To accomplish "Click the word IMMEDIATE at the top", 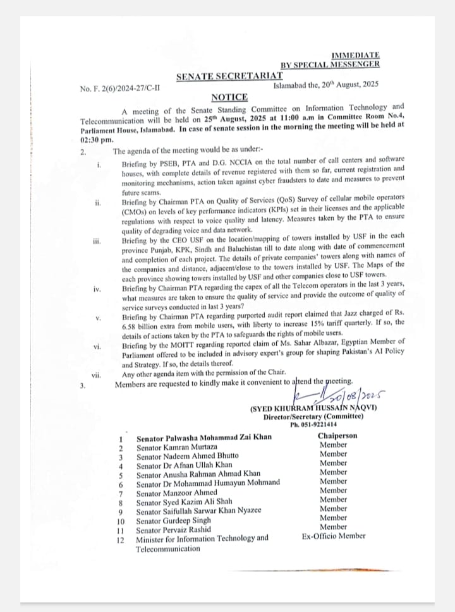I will [355, 56].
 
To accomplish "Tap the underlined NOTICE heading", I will [229, 97].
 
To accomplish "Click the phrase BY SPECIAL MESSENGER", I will [330, 65].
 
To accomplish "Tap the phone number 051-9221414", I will [313, 424].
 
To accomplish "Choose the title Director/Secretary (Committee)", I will [313, 416].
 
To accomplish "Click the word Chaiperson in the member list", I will [337, 436].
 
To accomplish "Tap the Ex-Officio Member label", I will [334, 536].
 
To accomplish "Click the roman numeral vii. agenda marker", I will [96, 375].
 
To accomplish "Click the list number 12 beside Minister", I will [120, 539].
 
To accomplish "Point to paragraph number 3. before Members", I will [83, 384].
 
